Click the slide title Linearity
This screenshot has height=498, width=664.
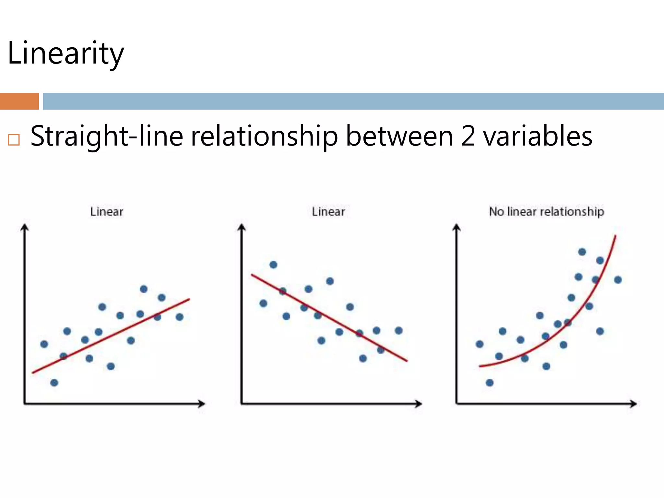[65, 53]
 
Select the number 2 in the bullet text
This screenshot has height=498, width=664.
[468, 136]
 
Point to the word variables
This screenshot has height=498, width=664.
[538, 136]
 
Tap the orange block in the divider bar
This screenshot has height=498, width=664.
[19, 101]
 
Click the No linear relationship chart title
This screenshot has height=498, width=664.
[546, 211]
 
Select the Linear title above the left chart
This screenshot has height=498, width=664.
[107, 212]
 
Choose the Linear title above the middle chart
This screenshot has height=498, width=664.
[328, 212]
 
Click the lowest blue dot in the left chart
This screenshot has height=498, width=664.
[54, 383]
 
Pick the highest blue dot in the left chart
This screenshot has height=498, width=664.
[144, 289]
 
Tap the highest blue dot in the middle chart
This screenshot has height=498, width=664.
[273, 265]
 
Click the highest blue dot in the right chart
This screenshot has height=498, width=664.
[582, 252]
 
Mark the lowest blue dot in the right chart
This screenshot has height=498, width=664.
[490, 383]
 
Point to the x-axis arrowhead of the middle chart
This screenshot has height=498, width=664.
[419, 404]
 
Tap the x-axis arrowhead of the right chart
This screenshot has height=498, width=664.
[634, 404]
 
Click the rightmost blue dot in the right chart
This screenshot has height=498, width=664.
[618, 280]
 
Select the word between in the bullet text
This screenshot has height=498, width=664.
[399, 136]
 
